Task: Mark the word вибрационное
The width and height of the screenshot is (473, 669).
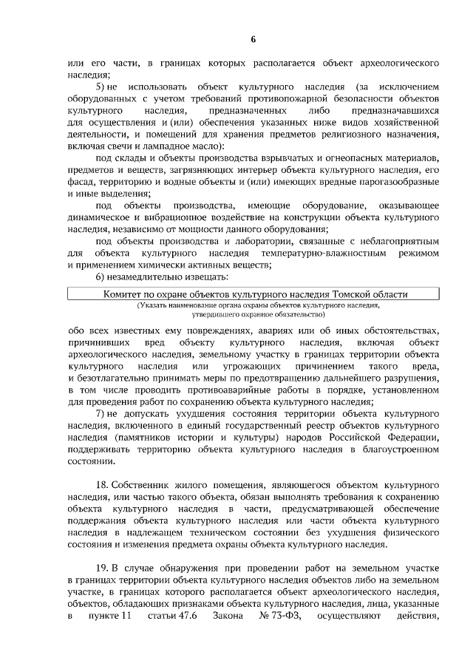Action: (174, 217)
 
